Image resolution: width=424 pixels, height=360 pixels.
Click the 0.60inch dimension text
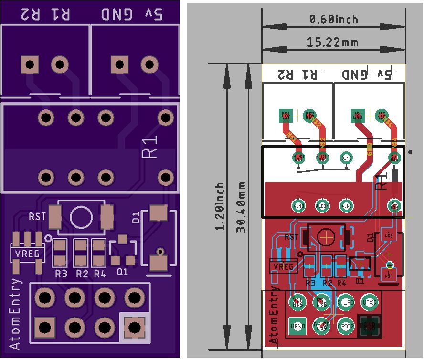click(333, 20)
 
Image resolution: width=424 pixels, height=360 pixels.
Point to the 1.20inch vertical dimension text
click(220, 206)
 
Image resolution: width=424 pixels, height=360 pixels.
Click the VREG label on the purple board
click(28, 254)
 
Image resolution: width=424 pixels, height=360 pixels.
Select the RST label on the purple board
click(37, 216)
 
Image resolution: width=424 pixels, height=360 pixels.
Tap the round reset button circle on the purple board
click(81, 217)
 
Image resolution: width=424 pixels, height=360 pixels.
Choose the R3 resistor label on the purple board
click(61, 274)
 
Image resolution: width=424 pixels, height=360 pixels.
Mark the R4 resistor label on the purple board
click(99, 274)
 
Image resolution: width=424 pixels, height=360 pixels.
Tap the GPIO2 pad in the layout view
click(346, 327)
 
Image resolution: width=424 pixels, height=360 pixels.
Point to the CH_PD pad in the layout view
click(346, 302)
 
